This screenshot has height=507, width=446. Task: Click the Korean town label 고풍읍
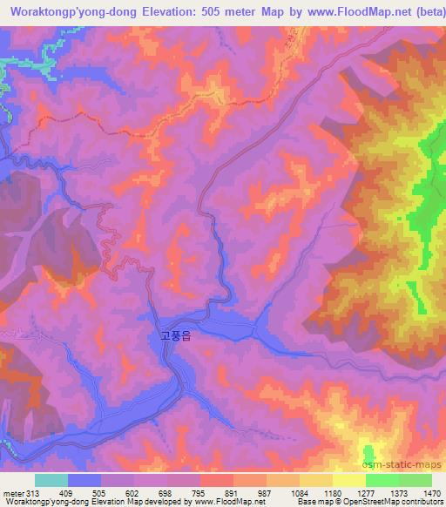(x=175, y=334)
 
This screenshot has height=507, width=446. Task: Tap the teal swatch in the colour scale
(x=51, y=480)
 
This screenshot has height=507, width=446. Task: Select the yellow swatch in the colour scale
(x=349, y=480)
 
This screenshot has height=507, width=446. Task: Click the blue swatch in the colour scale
(x=84, y=480)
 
